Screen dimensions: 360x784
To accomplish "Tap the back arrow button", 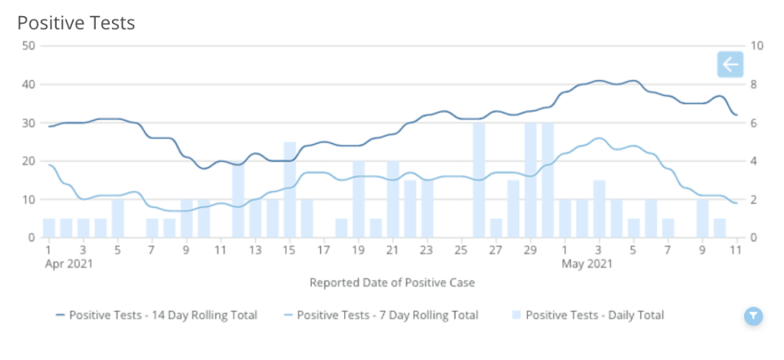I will click(730, 65).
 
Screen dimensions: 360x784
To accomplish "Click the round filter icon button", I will click(753, 316).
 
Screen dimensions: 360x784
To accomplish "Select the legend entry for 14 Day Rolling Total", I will click(156, 315).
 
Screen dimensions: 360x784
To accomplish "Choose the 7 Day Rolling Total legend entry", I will click(380, 315).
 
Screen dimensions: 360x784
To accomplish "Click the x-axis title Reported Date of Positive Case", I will click(392, 283).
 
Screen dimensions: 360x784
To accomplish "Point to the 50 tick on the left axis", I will click(30, 46).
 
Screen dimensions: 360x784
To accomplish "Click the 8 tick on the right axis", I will click(756, 84).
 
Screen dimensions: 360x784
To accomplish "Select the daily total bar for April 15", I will click(290, 190).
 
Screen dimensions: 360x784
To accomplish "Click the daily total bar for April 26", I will click(479, 180).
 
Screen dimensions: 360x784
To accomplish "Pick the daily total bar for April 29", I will click(530, 180).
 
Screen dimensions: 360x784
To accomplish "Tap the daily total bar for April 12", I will click(238, 199).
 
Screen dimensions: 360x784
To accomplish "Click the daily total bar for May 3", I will click(599, 209).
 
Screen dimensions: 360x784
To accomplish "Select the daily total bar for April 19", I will click(359, 199).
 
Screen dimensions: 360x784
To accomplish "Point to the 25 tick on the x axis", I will click(461, 250).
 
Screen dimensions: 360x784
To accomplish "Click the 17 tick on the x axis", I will click(324, 250).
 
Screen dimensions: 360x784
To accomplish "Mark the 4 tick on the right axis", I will click(756, 161).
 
